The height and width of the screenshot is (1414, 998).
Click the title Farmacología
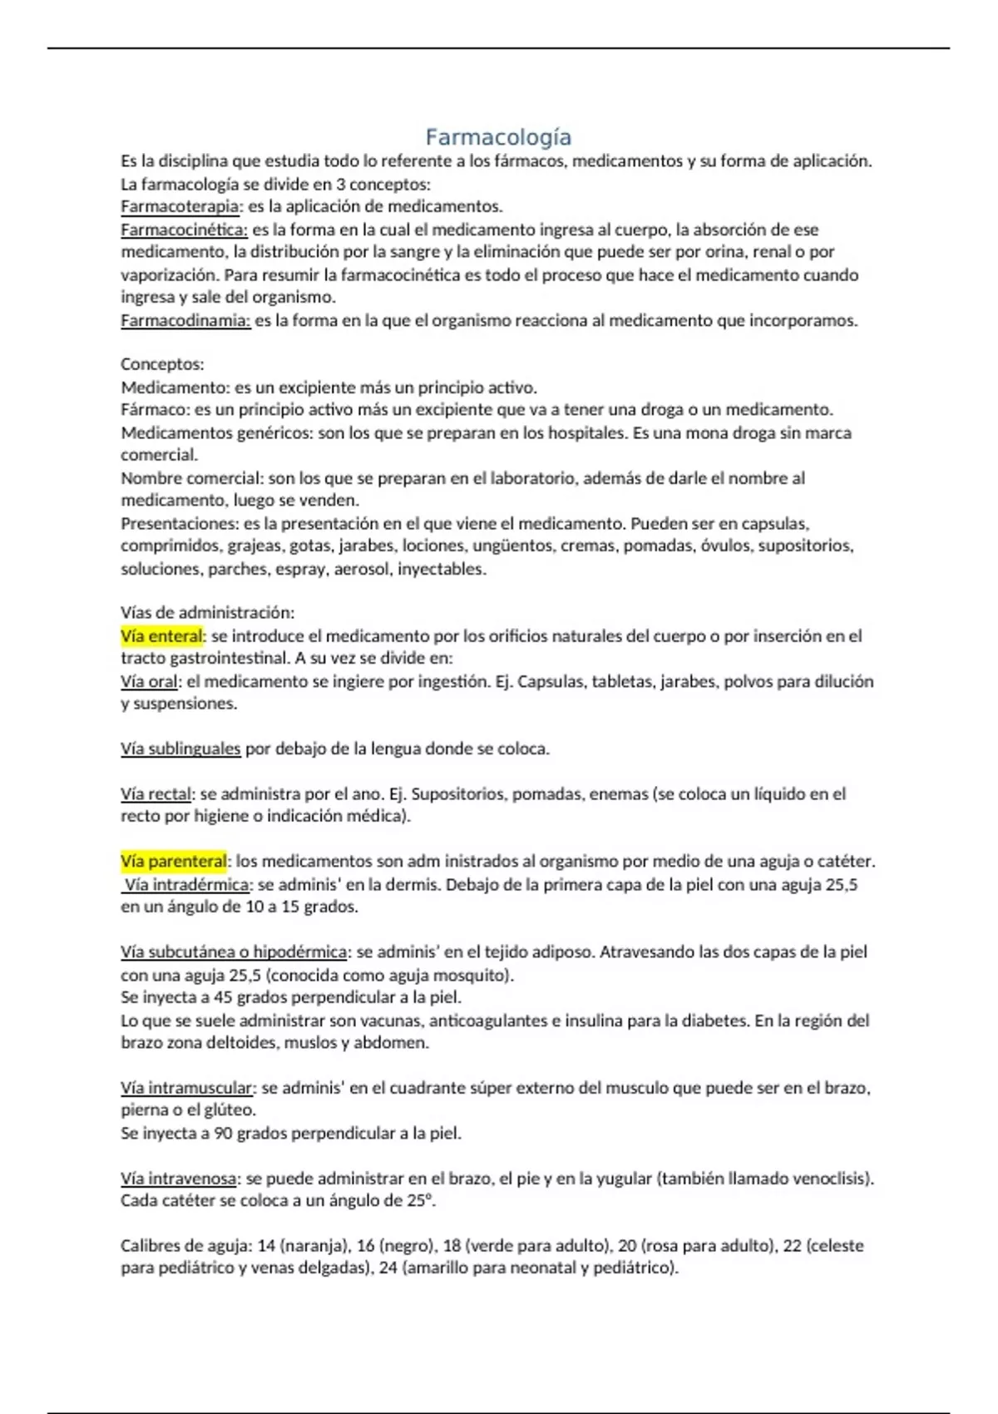pos(498,137)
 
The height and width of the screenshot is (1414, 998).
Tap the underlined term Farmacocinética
pos(184,230)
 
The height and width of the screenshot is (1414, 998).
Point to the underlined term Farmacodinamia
pos(185,320)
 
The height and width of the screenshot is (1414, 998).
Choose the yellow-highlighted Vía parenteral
pos(174,861)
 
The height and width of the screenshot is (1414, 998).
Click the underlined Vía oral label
pos(149,681)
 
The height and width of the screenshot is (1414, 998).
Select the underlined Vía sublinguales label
pos(180,749)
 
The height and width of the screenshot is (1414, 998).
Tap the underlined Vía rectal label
pos(156,794)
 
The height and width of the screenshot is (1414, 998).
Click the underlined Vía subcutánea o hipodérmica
pos(234,952)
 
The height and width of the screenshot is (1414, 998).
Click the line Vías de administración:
pos(208,613)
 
